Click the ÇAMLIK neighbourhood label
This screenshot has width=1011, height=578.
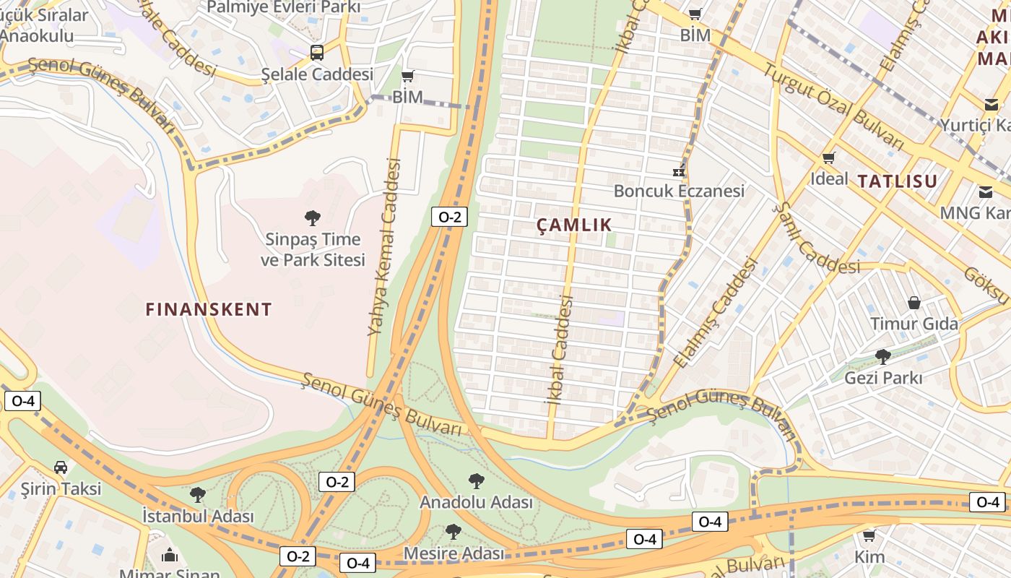click(x=574, y=225)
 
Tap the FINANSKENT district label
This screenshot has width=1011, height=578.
click(x=209, y=310)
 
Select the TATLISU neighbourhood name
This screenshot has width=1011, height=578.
click(x=898, y=181)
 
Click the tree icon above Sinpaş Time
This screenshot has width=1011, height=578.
click(x=313, y=217)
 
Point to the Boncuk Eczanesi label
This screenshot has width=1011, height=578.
click(x=679, y=191)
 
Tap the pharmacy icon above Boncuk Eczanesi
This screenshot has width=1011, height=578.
click(x=679, y=171)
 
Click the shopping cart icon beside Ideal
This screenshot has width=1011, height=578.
click(x=829, y=158)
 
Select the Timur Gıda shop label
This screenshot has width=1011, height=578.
click(x=914, y=324)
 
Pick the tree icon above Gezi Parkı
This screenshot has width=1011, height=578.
click(x=882, y=356)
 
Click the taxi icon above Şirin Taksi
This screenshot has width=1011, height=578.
click(x=61, y=467)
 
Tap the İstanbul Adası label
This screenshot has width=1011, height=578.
click(x=198, y=517)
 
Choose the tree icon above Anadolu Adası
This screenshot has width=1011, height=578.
click(x=476, y=480)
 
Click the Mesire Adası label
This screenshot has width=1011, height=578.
click(x=454, y=553)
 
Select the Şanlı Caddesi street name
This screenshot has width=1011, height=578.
click(x=816, y=238)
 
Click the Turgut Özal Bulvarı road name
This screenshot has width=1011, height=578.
click(x=833, y=106)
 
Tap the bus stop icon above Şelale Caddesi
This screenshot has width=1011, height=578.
click(x=317, y=52)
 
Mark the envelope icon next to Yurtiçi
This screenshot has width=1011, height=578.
click(x=992, y=105)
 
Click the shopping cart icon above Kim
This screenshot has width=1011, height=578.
click(x=869, y=535)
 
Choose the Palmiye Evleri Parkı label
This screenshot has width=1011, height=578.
click(x=283, y=7)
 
